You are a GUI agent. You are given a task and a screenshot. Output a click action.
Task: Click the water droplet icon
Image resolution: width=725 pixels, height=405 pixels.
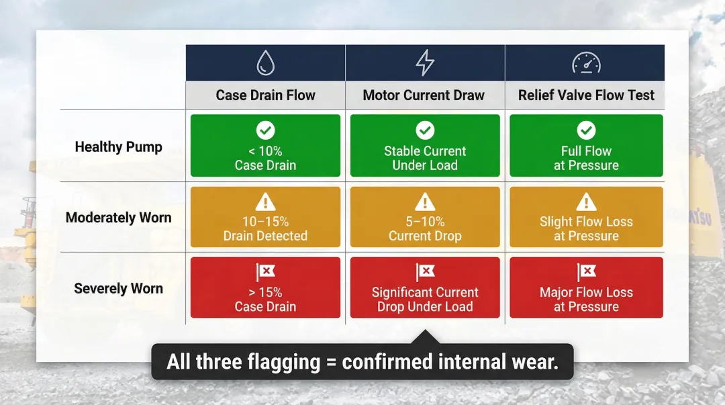coord(266,63)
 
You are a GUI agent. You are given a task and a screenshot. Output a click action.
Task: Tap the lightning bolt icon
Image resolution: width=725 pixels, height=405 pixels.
coord(425,63)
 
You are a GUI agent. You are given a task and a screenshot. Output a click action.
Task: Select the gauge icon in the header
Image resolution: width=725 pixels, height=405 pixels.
coord(586,63)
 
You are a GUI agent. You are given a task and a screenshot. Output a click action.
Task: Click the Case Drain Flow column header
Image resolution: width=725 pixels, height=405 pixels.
coord(265,95)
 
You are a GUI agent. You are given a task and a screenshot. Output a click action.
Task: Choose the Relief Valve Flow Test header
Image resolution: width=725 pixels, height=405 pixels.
coord(586,95)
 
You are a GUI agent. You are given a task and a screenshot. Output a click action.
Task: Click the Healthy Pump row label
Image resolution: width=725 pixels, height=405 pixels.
coord(119,147)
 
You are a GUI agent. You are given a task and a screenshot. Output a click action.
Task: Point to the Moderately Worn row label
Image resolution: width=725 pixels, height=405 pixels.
coord(119,218)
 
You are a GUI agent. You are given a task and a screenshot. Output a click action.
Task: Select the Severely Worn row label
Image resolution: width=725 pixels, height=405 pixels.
coord(119,289)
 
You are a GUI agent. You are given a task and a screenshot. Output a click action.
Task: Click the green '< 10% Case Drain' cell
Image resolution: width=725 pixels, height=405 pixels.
coord(265,146)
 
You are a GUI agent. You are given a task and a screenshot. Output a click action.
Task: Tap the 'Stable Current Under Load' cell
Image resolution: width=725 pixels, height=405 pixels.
coord(425,146)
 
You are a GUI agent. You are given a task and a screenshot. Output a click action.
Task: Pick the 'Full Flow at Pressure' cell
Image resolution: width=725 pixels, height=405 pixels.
coord(586,146)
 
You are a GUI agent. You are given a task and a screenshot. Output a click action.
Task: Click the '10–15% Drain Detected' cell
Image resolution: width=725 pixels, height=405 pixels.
coord(265,217)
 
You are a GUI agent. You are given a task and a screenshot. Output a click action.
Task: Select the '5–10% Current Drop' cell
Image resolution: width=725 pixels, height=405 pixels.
coord(425,217)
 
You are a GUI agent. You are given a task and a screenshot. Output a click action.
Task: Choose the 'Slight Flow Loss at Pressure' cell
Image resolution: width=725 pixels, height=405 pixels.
coord(586,217)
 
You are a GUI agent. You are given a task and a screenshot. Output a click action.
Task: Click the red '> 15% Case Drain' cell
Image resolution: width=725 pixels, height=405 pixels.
coord(265,287)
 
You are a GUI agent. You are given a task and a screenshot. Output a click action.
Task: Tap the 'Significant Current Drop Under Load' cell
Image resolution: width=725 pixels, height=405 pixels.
coord(425,287)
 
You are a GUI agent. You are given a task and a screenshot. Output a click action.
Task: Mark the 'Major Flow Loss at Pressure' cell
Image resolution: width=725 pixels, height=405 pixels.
coord(586,287)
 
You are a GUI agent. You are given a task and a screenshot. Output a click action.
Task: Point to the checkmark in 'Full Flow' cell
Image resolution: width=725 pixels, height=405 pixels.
coord(586,130)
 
